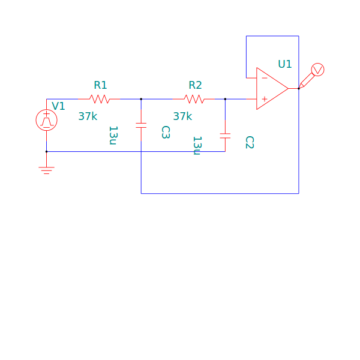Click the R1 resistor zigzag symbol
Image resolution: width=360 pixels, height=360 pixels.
pos(99,99)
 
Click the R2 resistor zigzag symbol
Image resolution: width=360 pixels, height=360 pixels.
pos(194,99)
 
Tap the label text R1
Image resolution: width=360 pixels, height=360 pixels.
pos(101,85)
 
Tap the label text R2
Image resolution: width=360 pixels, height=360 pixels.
pos(195,85)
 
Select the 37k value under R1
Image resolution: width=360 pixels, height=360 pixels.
pos(88,116)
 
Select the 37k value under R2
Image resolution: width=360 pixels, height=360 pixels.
pos(182,116)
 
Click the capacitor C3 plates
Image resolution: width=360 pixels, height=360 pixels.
pos(141,125)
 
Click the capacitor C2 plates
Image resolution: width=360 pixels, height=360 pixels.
pos(225,136)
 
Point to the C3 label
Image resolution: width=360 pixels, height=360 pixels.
pos(166,132)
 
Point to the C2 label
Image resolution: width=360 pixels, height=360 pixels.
pos(250,142)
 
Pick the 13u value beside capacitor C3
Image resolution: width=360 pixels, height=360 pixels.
pos(113,136)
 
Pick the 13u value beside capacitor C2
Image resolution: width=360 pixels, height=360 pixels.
pos(197,146)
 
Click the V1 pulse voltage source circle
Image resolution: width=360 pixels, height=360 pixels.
pos(46,120)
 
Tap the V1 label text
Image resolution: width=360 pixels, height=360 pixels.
pos(58,106)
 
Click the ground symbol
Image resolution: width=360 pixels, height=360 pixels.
pos(46,170)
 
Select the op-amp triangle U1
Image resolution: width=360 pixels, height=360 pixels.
pos(272,88)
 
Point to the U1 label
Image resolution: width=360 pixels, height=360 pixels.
pos(285,64)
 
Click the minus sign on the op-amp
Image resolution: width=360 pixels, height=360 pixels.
pos(265,78)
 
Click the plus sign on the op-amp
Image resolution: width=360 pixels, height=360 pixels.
pos(265,99)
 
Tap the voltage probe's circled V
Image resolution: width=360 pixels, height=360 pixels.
pos(318,70)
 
